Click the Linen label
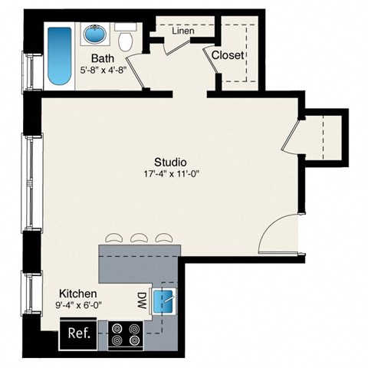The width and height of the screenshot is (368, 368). coord(182,31)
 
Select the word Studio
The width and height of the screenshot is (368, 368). coord(171,162)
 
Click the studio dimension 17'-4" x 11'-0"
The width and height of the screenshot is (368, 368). coord(172,173)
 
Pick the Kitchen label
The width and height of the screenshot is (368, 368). coord(78,294)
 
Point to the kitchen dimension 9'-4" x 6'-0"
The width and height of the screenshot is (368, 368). coord(78,305)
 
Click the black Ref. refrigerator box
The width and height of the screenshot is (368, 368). coord(80,333)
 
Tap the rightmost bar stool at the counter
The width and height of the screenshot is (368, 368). coord(162,238)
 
